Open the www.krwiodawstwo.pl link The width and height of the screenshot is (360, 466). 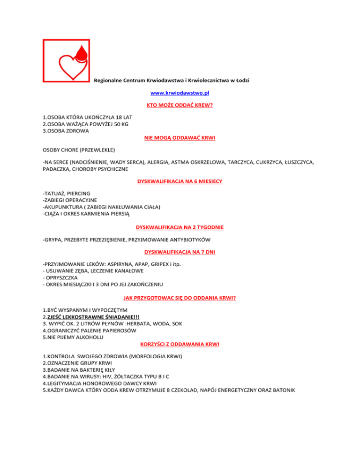tap(180, 93)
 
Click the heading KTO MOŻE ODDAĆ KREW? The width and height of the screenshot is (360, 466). tap(180, 105)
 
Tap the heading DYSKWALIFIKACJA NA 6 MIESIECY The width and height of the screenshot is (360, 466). tap(180, 181)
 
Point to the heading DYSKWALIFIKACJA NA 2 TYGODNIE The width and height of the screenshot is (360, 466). tap(180, 227)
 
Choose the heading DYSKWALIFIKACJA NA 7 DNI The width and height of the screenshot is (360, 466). tap(180, 253)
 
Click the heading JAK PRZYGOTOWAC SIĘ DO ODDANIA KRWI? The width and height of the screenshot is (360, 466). tap(180, 297)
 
